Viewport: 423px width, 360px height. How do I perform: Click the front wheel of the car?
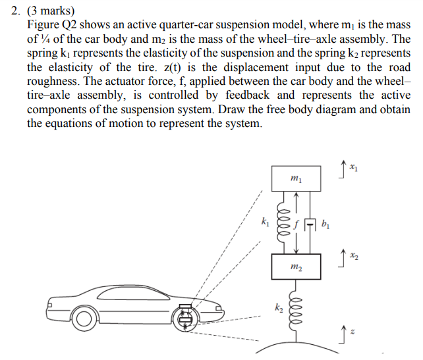click(x=86, y=320)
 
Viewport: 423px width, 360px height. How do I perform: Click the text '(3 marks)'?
click(x=52, y=11)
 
